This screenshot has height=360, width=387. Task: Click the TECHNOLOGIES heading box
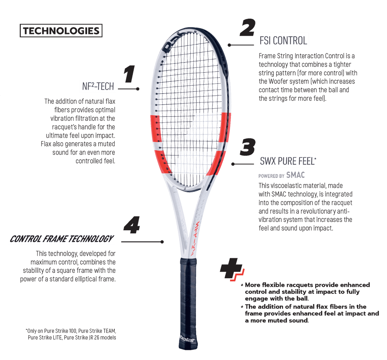coord(61,31)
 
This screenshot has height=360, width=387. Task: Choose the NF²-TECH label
coord(97,86)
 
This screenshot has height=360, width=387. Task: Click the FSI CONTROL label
coord(283,41)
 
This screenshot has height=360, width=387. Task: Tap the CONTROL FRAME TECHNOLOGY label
coord(61,239)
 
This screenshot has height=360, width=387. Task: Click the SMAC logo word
coord(296,176)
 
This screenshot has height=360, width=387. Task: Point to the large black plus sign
coord(230,271)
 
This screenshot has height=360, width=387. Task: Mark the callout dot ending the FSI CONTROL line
coord(229,45)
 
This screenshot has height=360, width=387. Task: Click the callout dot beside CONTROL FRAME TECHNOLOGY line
coord(162,242)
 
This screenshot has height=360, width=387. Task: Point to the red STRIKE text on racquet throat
coord(196,237)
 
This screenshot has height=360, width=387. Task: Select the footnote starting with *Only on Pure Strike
coord(71,333)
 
